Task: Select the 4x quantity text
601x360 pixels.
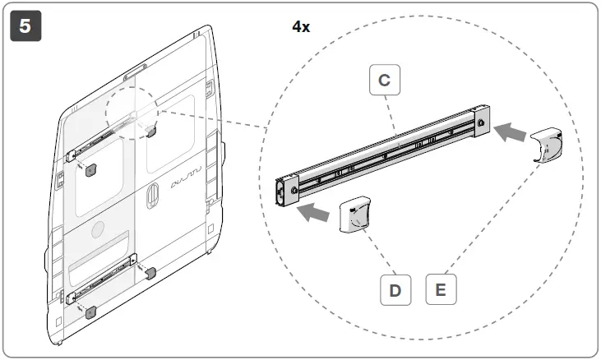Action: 301,26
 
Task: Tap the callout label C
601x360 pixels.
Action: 384,81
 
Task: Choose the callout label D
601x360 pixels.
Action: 395,290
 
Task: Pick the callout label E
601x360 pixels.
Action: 441,290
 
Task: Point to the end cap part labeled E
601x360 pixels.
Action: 546,145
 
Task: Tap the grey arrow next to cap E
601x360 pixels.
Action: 514,130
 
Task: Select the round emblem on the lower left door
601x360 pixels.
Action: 98,229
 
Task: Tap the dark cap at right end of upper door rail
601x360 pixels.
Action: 151,131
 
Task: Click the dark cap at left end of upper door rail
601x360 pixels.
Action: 91,169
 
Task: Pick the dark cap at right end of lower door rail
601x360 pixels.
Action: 150,274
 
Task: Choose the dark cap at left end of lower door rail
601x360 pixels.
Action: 90,312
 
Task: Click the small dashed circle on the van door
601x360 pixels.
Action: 132,113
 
